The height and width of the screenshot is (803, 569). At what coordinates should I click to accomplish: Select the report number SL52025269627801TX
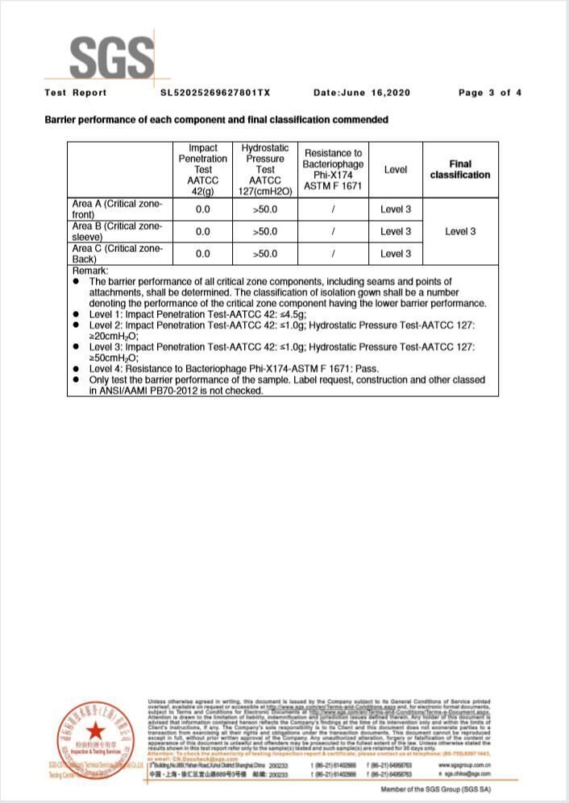(x=215, y=93)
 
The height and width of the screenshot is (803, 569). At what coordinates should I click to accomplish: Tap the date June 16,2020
(x=361, y=93)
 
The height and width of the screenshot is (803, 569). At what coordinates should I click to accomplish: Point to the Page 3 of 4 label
(x=489, y=93)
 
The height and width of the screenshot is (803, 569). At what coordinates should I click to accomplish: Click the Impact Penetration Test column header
(x=203, y=170)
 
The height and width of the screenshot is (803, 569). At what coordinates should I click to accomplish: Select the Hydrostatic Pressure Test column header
(x=265, y=170)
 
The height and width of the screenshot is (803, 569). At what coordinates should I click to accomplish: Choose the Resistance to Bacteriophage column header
(x=333, y=170)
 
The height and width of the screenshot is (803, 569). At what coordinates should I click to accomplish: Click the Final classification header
(x=459, y=169)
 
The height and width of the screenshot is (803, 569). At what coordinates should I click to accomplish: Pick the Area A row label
(x=118, y=209)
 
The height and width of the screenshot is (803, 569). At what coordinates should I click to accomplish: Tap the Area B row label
(x=118, y=232)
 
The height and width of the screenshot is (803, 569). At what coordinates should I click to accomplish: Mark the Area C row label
(x=118, y=254)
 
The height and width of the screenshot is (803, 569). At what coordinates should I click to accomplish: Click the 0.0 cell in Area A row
(x=203, y=209)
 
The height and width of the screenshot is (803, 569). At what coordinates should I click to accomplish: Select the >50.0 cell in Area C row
(x=265, y=254)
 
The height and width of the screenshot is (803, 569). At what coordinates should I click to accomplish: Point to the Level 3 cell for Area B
(x=396, y=232)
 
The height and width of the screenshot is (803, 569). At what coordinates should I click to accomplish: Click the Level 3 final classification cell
(x=460, y=232)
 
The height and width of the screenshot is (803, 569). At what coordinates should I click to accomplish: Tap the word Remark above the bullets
(x=90, y=271)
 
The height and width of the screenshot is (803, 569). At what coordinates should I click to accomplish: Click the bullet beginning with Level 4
(x=234, y=368)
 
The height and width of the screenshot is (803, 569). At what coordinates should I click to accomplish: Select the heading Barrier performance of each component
(x=216, y=120)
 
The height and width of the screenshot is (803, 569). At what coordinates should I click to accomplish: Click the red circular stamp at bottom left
(x=96, y=735)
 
